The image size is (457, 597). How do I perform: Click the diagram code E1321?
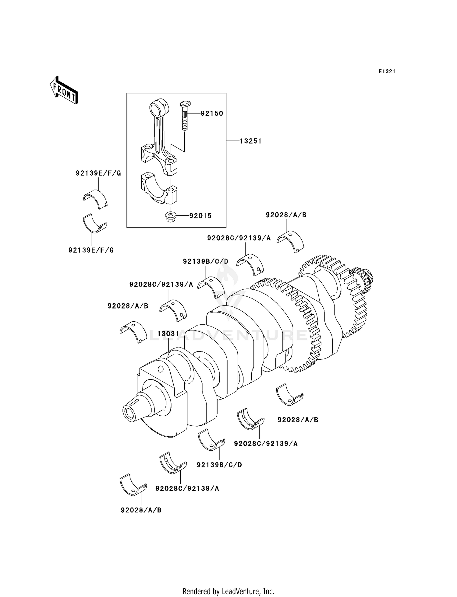click(x=387, y=72)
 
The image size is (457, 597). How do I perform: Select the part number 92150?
click(x=212, y=113)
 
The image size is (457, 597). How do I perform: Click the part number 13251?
click(x=250, y=141)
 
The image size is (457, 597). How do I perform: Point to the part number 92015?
click(x=200, y=216)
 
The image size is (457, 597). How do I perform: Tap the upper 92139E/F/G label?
click(x=98, y=173)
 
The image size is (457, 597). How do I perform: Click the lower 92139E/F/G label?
click(x=91, y=250)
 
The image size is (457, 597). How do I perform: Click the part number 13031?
click(x=168, y=334)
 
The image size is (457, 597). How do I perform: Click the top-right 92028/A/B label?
click(x=286, y=215)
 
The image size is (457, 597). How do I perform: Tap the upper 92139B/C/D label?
click(x=206, y=261)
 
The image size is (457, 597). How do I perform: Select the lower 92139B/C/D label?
click(x=219, y=465)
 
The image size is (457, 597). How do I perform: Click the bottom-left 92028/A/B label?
click(x=141, y=510)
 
